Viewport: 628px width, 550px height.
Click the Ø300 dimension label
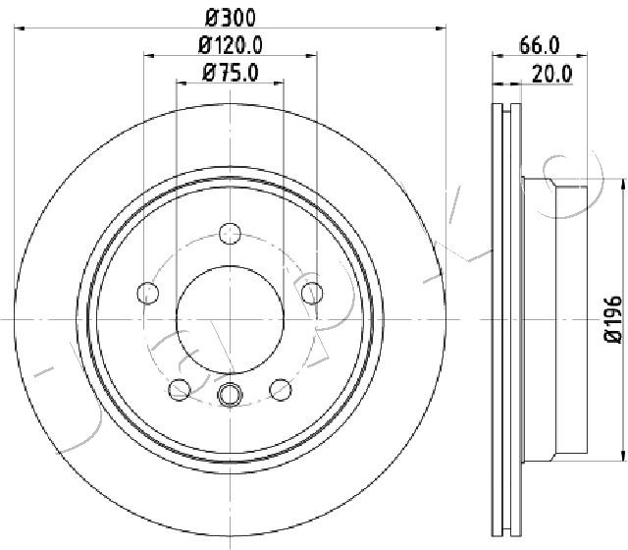231,18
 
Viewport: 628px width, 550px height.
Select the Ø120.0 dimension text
231,45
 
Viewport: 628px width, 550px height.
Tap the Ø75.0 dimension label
231,73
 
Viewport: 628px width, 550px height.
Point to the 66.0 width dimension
539,45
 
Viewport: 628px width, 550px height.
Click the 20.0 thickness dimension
552,75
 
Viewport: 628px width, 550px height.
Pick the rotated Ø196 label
612,320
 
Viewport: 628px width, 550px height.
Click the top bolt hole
230,234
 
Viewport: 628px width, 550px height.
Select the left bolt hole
148,293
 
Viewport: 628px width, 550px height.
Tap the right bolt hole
312,293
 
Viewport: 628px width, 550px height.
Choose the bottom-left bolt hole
180,389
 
